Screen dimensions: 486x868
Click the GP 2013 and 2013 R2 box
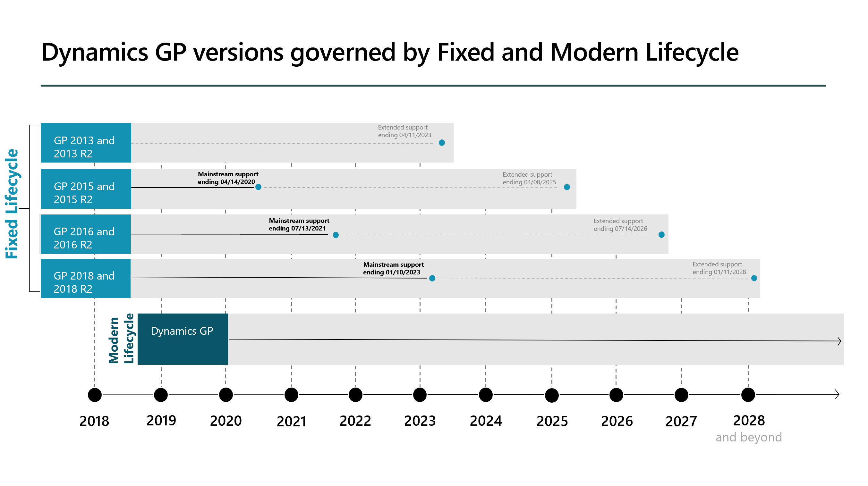86,143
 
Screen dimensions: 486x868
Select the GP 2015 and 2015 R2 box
86,189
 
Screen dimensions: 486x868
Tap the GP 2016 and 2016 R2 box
85,234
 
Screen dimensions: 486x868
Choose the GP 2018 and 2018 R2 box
86,278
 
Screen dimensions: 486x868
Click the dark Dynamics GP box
183,339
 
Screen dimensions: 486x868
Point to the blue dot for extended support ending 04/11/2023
442,143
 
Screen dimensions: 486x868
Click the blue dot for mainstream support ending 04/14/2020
258,187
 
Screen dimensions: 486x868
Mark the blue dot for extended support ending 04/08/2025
567,187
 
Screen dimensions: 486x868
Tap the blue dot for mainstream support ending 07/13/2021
336,235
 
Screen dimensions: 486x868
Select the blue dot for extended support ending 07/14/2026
661,235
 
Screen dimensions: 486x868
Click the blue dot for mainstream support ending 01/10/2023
432,278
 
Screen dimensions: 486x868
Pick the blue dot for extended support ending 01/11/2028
754,278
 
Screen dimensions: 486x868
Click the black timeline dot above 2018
95,395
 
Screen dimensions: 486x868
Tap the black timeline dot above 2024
486,395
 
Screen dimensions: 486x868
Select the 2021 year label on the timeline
292,421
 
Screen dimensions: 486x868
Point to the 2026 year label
617,421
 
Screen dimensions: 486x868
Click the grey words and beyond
748,437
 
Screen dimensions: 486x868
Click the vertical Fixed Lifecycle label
12,204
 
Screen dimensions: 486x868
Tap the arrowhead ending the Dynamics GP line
839,341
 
